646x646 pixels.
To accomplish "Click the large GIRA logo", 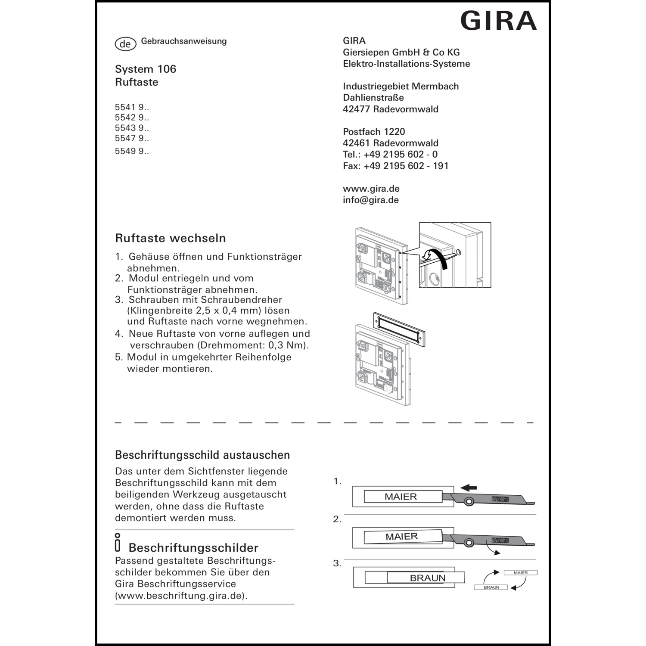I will (x=499, y=21).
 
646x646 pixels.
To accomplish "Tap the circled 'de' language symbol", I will (x=125, y=44).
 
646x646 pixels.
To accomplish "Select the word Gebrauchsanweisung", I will (x=184, y=41).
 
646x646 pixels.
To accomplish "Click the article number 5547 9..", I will (x=132, y=138).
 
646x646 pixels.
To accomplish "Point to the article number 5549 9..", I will (x=132, y=151).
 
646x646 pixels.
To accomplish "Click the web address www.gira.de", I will (x=371, y=189).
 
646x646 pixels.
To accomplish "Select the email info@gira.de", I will (x=370, y=200).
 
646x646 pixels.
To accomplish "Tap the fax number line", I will (x=395, y=166).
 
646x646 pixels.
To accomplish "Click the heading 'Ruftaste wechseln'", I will (x=170, y=238).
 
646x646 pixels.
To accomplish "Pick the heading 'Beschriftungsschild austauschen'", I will (x=202, y=455).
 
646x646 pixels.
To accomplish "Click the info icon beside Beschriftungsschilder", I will (x=118, y=543).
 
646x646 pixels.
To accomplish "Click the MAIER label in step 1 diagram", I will (x=401, y=497).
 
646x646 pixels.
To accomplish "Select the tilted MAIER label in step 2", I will (x=402, y=537).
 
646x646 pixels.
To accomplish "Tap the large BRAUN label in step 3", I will (x=427, y=578).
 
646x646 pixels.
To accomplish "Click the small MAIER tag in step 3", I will (x=521, y=573).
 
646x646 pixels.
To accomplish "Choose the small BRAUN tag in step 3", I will (x=491, y=587).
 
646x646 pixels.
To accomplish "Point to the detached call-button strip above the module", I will (x=399, y=329).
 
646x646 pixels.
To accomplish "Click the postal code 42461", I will (x=357, y=143).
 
